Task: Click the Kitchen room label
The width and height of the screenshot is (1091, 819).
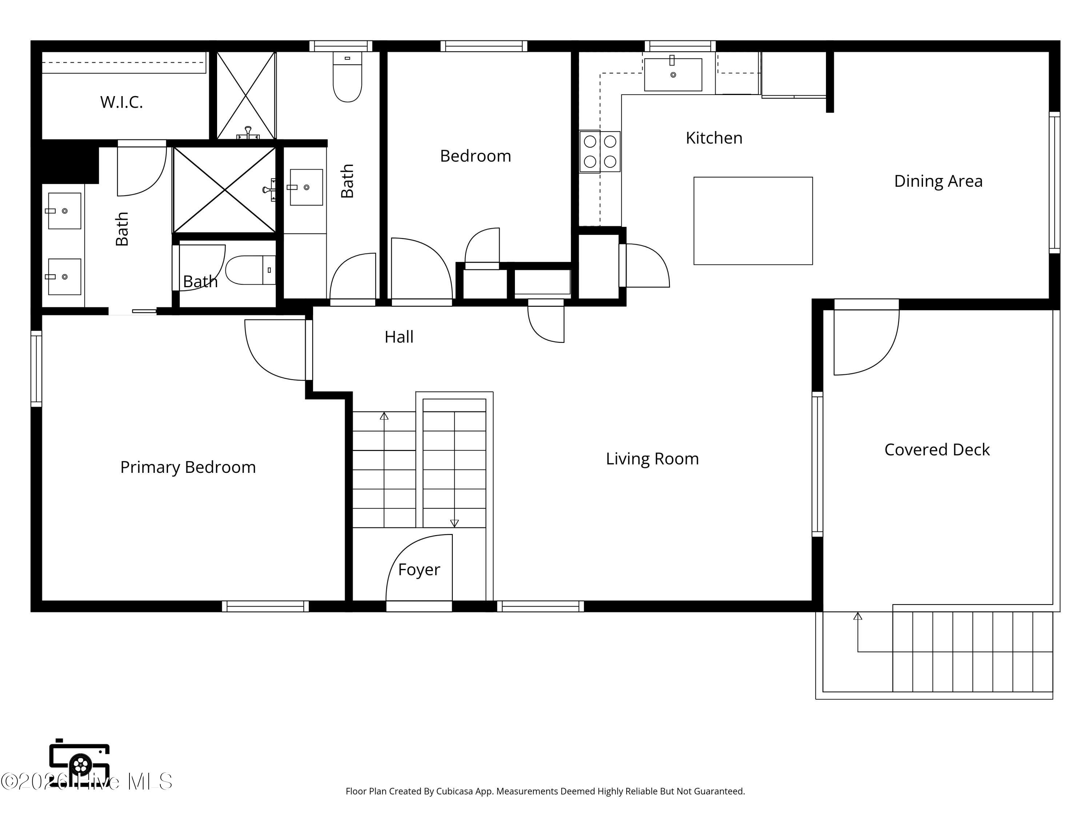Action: point(714,138)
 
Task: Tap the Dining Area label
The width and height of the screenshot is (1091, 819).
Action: point(938,181)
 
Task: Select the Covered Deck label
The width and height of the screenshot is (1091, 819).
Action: point(936,450)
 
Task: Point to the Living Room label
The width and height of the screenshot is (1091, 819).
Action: point(652,459)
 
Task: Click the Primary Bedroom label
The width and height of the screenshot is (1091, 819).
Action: point(188,467)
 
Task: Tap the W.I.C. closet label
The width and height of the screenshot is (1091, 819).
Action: point(121,102)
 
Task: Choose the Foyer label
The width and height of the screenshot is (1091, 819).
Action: point(419,570)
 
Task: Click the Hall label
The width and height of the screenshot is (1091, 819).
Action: point(399,337)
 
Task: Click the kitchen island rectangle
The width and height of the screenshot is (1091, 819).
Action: point(753,221)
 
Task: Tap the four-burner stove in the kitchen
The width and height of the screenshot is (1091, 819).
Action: point(600,151)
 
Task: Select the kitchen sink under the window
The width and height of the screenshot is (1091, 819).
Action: point(673,74)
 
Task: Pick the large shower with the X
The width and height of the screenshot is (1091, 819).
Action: point(224,190)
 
